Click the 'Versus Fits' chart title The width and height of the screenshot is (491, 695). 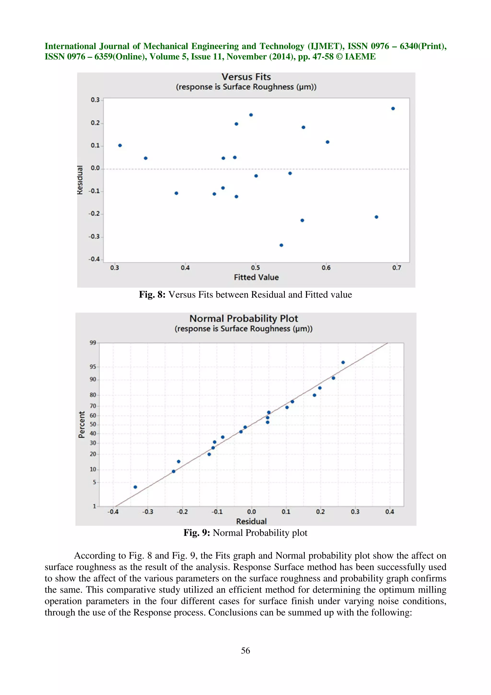(x=246, y=77)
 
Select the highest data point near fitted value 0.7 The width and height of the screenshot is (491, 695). (x=393, y=108)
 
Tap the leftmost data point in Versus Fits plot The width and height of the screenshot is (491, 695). (x=120, y=145)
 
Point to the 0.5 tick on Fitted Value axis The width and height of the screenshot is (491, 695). (x=255, y=268)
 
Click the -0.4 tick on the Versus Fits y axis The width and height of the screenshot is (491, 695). (x=94, y=259)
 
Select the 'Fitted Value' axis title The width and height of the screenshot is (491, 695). (x=256, y=277)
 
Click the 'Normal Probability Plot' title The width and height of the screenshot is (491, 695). (x=244, y=318)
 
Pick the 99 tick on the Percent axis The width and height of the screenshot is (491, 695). (x=93, y=343)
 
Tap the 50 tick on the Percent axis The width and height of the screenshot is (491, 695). (x=93, y=424)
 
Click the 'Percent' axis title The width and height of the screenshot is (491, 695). (x=81, y=424)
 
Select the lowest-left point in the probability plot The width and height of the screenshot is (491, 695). (x=135, y=487)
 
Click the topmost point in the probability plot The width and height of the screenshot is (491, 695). (x=343, y=362)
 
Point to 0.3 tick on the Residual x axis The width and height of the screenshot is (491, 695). (x=355, y=512)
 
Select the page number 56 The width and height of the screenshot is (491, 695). (x=245, y=650)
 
